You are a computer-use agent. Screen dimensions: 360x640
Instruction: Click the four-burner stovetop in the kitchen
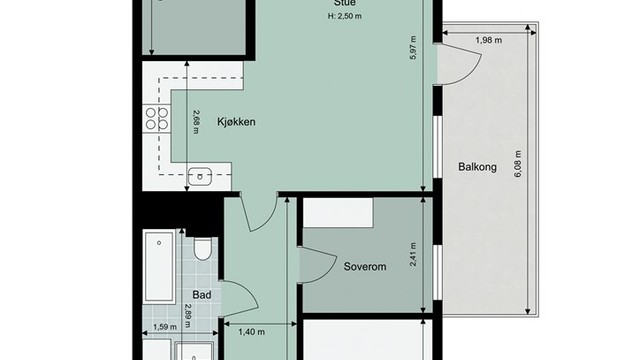[x=156, y=120]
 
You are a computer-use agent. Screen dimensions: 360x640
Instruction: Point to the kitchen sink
[x=200, y=175]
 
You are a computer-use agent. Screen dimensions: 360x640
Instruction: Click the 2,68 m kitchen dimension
[x=197, y=120]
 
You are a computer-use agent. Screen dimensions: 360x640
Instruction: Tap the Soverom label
[x=364, y=267]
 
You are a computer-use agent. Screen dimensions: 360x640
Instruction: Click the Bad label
[x=201, y=296]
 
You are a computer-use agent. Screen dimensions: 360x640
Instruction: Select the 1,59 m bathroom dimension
[x=164, y=327]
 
